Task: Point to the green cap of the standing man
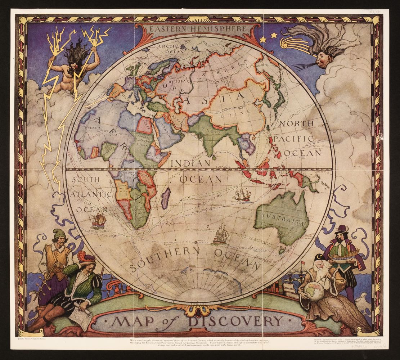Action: [59, 233]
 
